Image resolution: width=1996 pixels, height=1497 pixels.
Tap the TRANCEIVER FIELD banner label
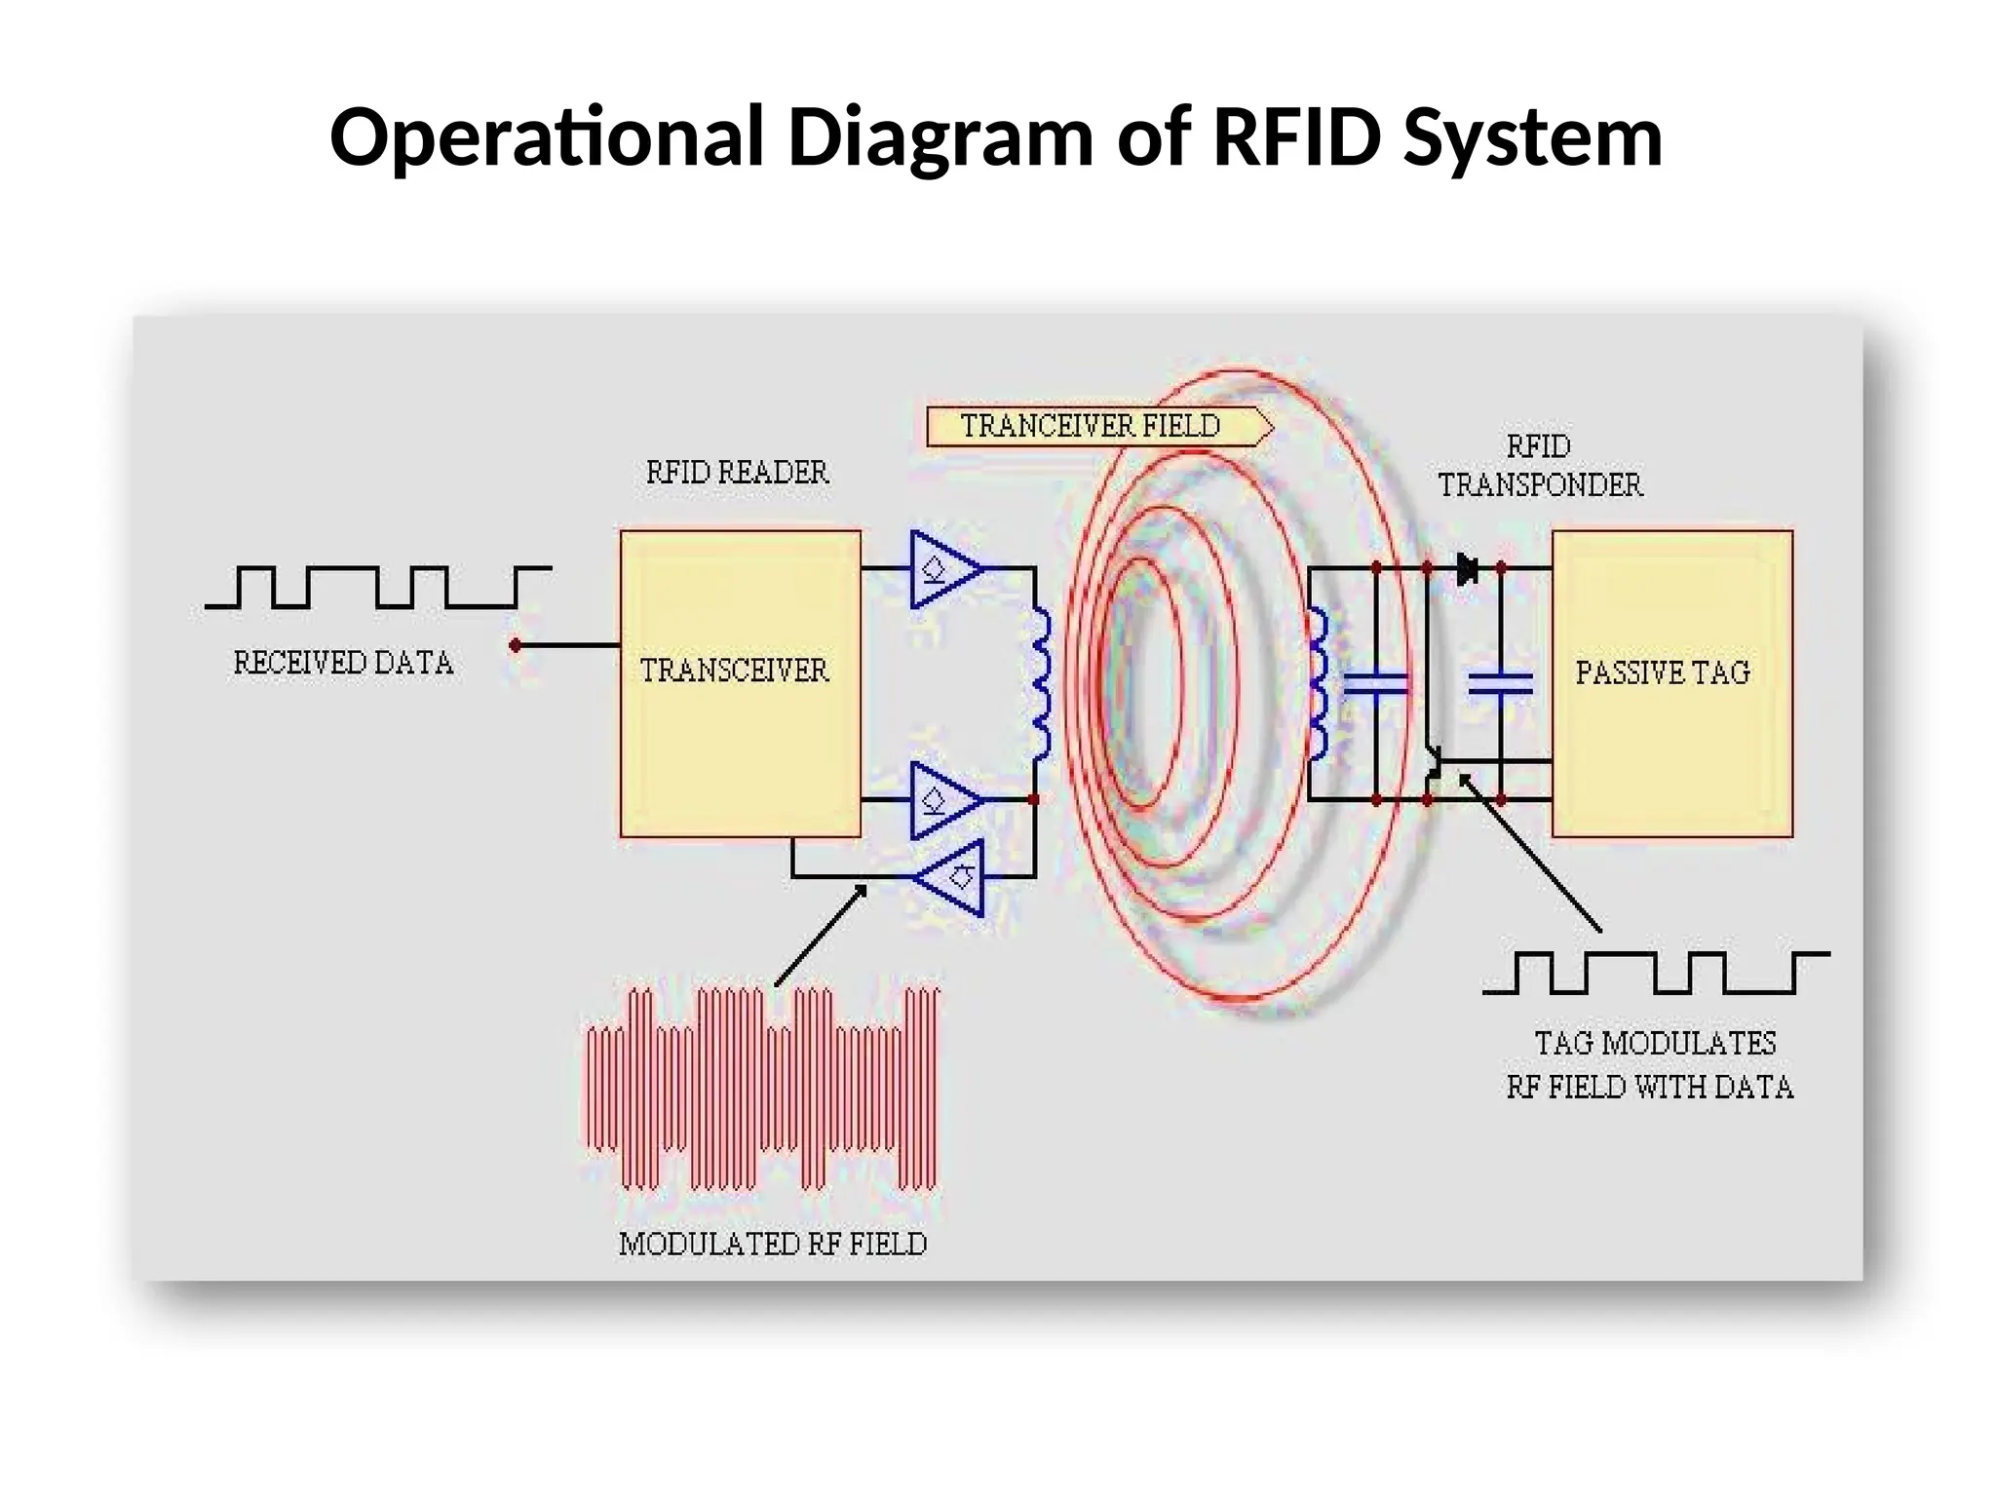1090,426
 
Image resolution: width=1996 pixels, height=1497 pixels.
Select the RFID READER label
737,473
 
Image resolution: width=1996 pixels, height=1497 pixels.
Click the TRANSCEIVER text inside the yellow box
734,671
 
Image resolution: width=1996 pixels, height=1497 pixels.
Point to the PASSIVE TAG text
1663,672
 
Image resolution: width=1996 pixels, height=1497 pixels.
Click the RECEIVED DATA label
343,664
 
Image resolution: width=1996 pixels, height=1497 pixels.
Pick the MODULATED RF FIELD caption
773,1245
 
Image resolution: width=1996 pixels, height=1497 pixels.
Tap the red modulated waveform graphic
762,1090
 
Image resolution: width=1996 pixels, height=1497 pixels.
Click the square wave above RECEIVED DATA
378,587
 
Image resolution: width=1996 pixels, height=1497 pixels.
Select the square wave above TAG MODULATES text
1656,973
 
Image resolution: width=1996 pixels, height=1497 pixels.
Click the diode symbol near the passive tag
1467,568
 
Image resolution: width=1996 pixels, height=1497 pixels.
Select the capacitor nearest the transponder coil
1375,683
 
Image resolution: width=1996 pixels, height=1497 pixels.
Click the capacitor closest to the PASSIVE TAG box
1500,683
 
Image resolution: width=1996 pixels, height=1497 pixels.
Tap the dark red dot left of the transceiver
516,645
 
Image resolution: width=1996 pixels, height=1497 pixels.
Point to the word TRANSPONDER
1540,485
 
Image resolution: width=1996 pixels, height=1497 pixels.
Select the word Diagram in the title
940,136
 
